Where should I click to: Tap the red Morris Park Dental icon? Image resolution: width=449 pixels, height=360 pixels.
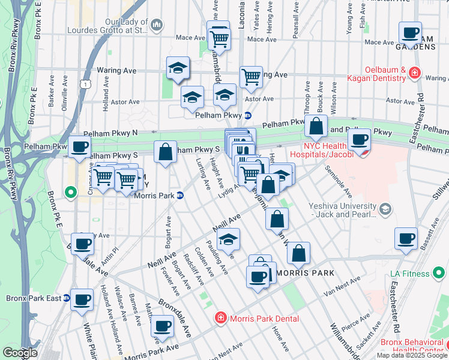[x=220, y=318]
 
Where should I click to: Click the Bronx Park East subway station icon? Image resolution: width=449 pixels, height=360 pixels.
[x=67, y=298]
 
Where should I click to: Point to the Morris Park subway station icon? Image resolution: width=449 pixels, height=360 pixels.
[x=179, y=195]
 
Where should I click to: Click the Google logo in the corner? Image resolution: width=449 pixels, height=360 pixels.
[x=20, y=353]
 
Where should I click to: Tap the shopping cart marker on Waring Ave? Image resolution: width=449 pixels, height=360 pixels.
[x=251, y=76]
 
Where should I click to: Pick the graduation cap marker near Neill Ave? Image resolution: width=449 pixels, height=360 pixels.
[x=228, y=239]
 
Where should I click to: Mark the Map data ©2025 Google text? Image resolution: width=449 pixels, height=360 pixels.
[x=412, y=355]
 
